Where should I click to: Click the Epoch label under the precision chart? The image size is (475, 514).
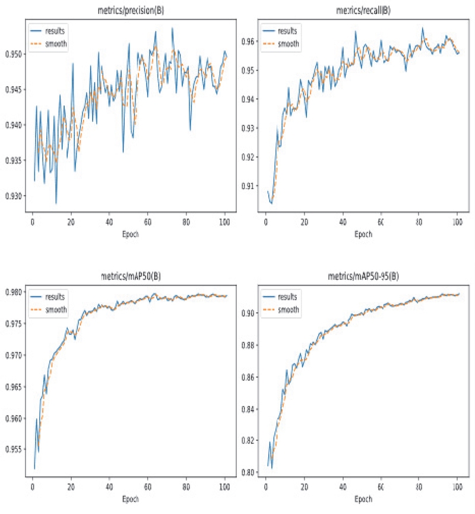click(128, 234)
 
